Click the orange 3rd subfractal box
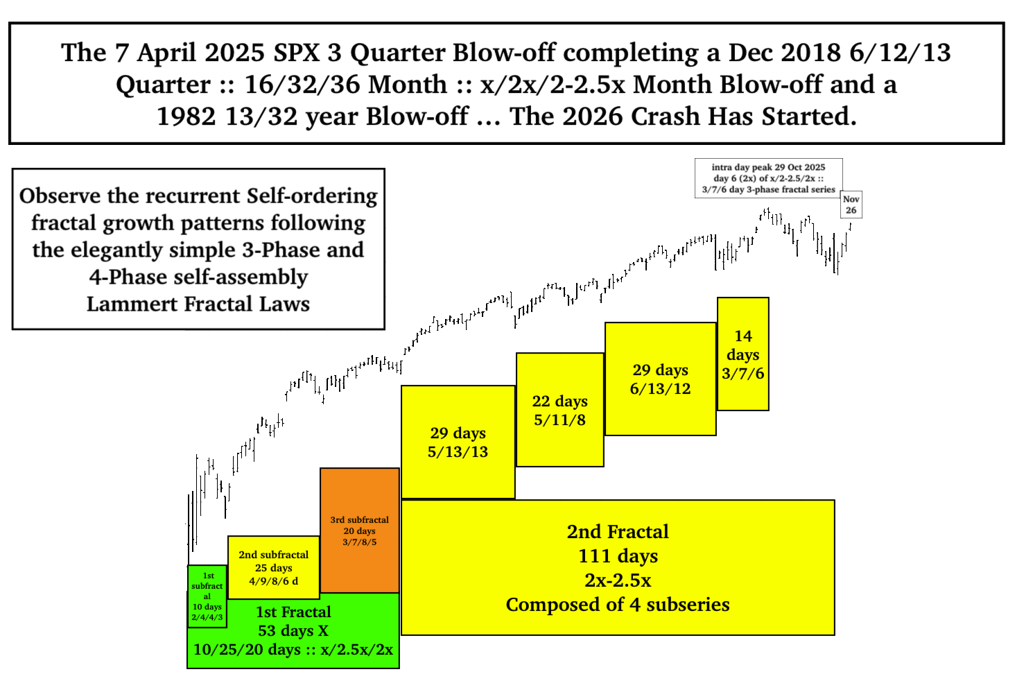coord(360,530)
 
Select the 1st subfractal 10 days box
coord(207,596)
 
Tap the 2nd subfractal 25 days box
coord(273,567)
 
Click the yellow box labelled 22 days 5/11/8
coord(560,410)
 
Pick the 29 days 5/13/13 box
coord(458,442)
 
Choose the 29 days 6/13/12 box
coord(661,379)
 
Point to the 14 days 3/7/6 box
coord(743,354)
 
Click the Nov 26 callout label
coord(851,205)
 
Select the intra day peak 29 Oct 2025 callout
coord(768,178)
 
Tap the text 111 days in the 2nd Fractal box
coord(618,556)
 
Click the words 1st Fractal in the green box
coord(293,612)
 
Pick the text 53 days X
coord(293,630)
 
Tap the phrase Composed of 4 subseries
coord(618,605)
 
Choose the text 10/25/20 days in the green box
coord(247,650)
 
